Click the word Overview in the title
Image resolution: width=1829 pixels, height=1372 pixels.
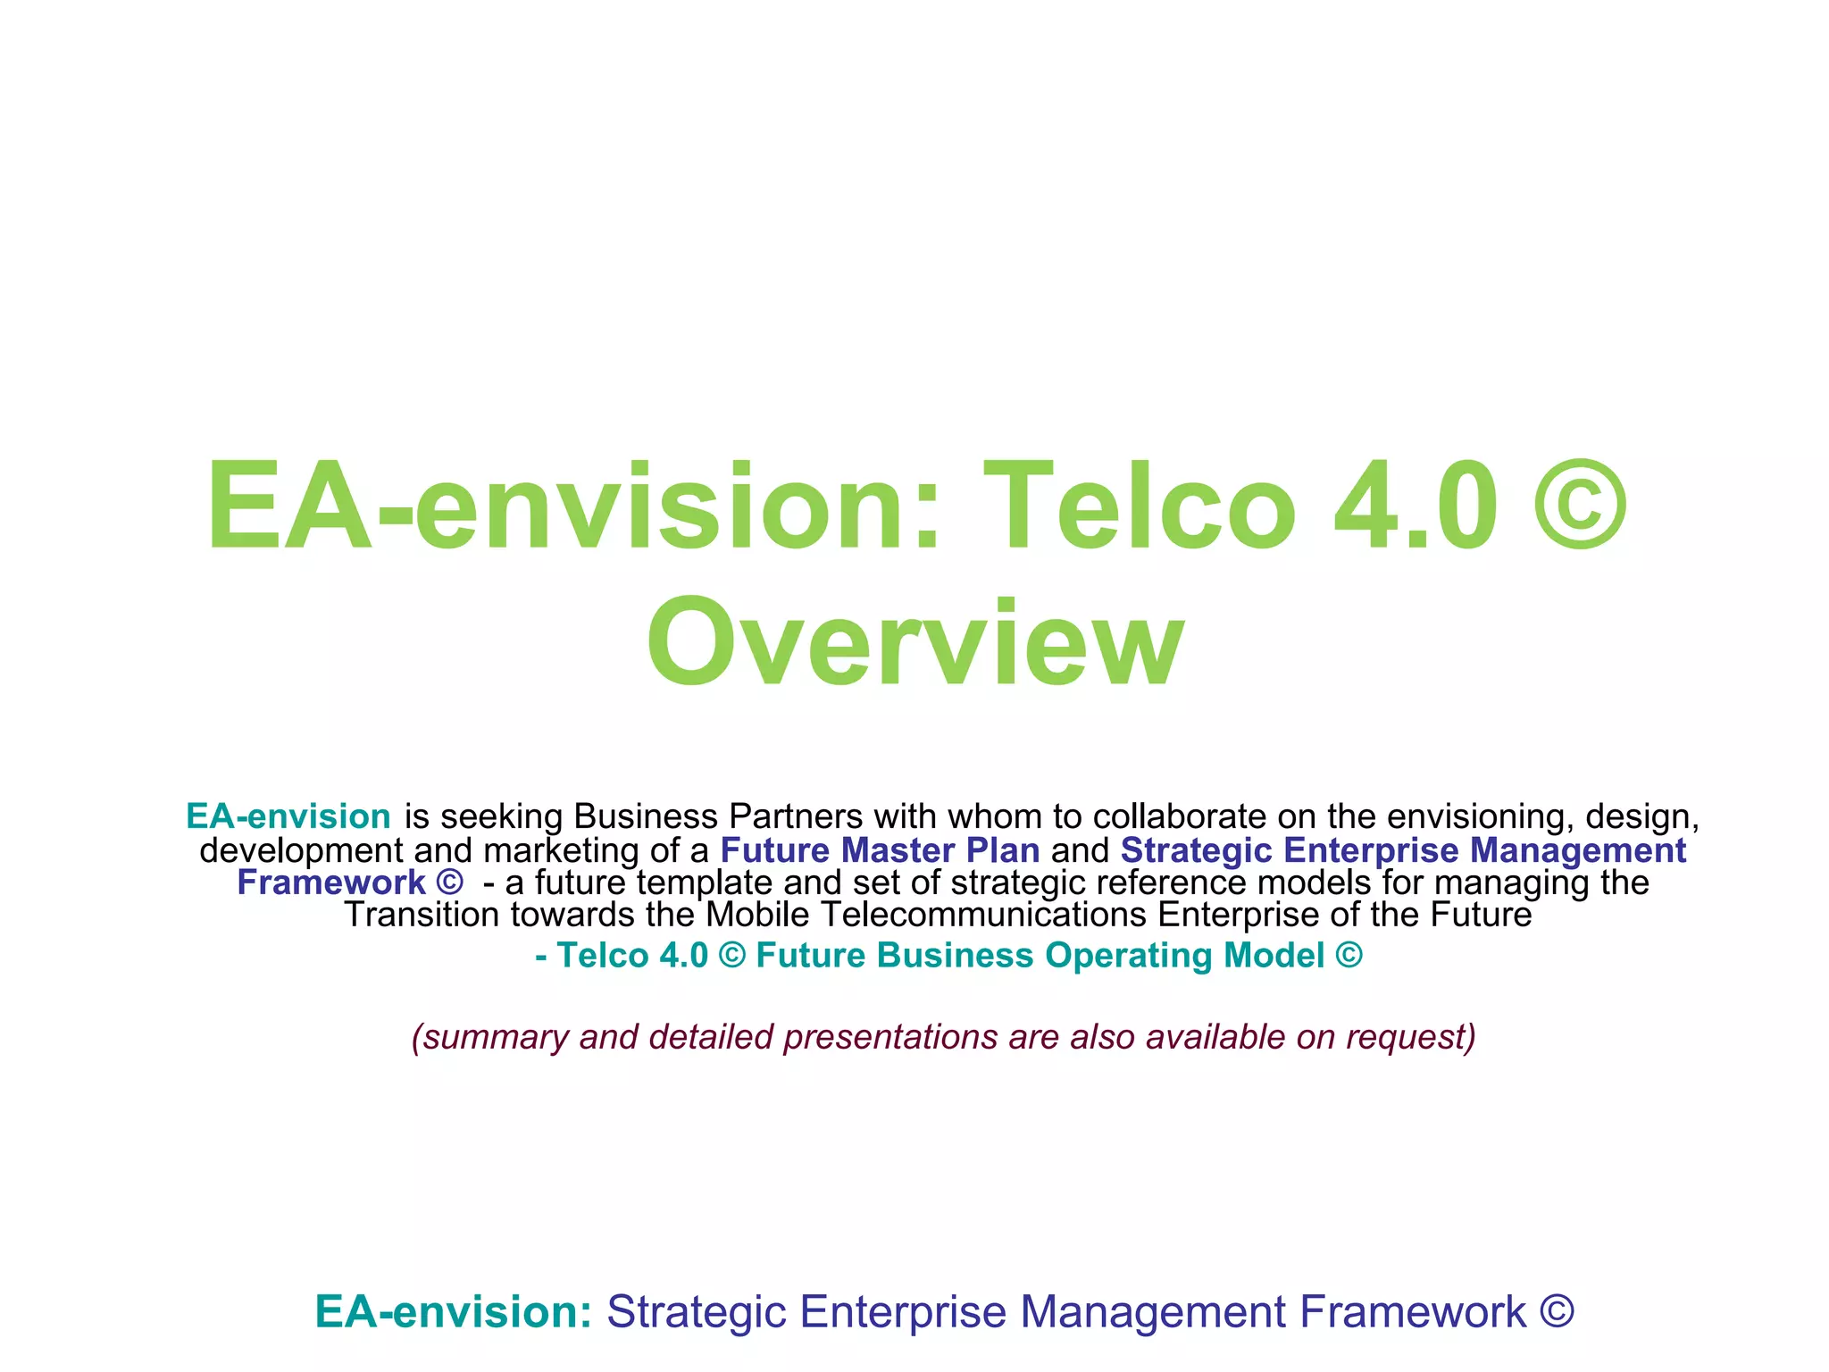click(915, 643)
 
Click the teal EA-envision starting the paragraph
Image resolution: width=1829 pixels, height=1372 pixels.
click(288, 816)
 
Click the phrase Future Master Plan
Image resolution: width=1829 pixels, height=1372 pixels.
click(880, 850)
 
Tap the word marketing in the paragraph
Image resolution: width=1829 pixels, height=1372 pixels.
click(561, 850)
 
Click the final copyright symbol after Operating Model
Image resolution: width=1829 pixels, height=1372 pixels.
click(1349, 956)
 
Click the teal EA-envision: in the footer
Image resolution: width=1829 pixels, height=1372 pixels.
click(454, 1312)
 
